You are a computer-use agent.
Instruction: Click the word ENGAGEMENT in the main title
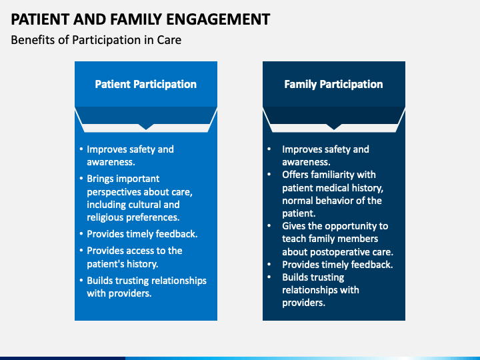point(218,19)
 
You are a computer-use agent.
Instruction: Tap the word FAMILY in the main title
point(135,19)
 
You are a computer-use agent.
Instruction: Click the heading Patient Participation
point(146,84)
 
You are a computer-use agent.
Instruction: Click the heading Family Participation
point(333,84)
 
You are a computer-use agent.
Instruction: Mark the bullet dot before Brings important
point(81,179)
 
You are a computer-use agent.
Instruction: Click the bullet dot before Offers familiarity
point(269,175)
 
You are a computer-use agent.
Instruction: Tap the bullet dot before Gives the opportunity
point(269,226)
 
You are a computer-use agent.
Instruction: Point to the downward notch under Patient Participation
point(146,127)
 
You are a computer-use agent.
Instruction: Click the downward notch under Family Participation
point(334,127)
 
